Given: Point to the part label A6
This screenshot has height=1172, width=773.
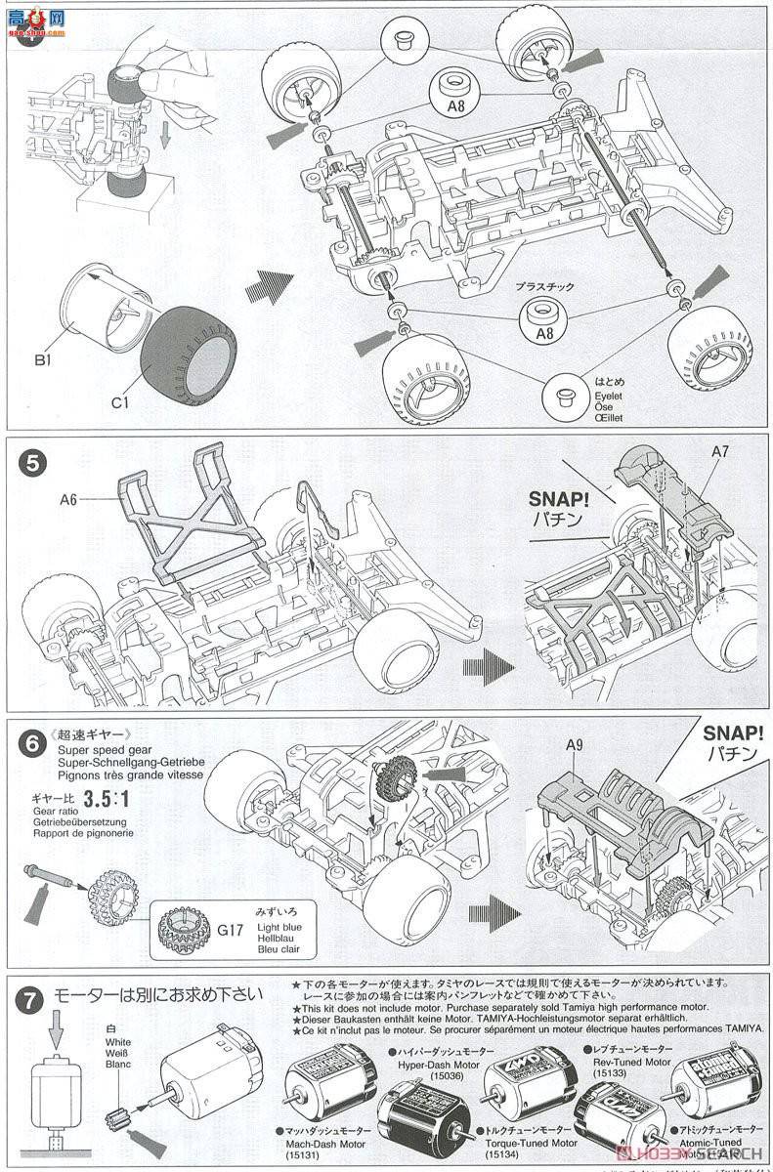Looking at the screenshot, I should [68, 498].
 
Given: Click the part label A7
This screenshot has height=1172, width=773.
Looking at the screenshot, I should [720, 451].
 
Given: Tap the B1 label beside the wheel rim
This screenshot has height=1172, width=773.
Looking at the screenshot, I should [41, 360].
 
